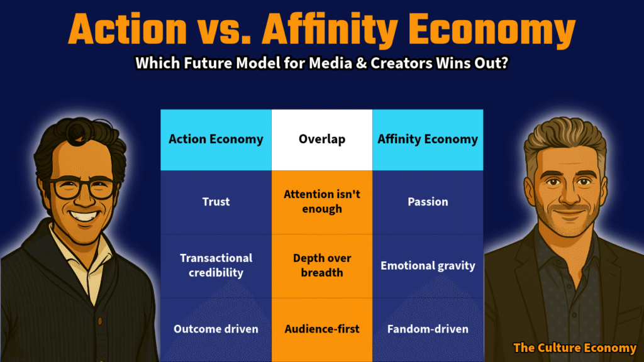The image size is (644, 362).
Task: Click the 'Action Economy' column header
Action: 216,140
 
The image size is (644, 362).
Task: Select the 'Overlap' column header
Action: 322,140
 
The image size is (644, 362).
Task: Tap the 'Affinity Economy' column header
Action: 428,140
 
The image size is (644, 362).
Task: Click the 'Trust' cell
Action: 216,202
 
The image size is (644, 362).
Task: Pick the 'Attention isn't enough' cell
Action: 322,202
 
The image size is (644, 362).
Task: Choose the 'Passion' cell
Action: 428,202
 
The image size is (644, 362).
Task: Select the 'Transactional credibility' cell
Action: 216,266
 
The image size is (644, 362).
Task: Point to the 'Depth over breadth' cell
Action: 322,266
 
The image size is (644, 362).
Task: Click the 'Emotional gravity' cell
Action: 428,266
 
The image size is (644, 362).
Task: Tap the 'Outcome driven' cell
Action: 216,329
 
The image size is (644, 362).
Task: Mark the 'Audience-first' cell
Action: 322,329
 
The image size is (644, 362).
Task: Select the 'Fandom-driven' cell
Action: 428,329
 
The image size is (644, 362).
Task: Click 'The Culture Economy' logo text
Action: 575,348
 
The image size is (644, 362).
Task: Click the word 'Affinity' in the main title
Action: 330,30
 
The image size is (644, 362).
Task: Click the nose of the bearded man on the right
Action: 569,193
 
